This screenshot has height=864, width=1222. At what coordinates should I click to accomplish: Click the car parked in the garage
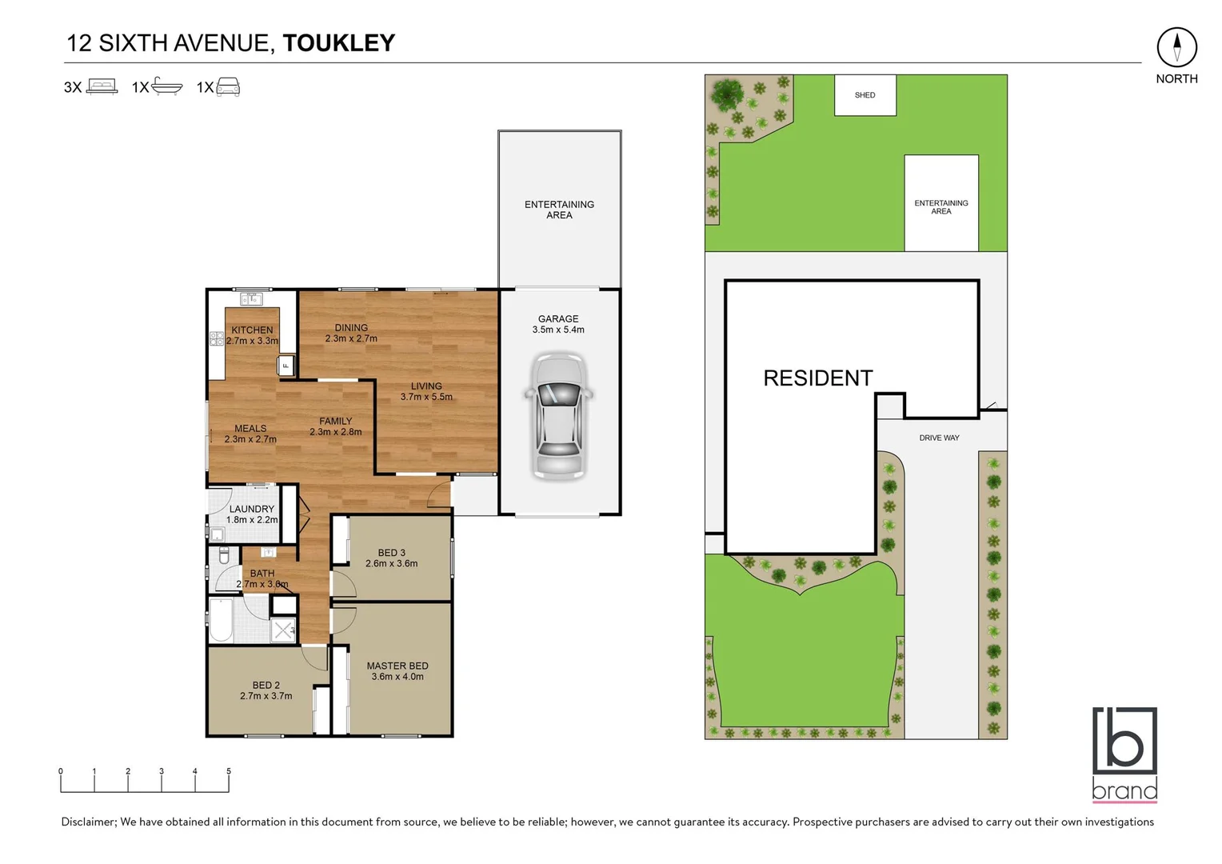[x=559, y=417]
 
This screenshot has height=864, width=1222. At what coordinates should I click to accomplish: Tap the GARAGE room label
[x=558, y=318]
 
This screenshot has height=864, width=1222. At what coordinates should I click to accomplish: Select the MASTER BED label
[x=397, y=666]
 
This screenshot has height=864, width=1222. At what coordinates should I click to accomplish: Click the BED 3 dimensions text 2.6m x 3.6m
[x=391, y=563]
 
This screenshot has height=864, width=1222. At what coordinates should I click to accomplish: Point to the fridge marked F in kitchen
[x=286, y=366]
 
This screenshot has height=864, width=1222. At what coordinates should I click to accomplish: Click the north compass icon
[x=1176, y=47]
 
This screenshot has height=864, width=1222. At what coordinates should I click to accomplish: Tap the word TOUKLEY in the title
[x=339, y=43]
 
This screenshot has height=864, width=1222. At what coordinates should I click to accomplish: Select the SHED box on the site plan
[x=865, y=95]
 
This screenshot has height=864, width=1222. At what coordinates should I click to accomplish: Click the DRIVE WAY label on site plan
[x=939, y=438]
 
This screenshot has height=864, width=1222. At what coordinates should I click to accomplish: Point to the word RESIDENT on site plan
[x=817, y=378]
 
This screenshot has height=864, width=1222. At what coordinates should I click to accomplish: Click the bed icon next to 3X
[x=102, y=86]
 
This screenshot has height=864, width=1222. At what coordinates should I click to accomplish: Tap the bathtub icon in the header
[x=167, y=86]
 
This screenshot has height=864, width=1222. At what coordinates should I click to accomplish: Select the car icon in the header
[x=228, y=86]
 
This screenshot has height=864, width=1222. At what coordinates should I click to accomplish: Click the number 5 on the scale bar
[x=229, y=771]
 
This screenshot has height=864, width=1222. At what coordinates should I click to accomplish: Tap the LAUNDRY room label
[x=252, y=509]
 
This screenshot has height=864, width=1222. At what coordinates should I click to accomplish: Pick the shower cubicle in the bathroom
[x=283, y=630]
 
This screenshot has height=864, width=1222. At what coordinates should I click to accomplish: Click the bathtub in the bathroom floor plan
[x=222, y=621]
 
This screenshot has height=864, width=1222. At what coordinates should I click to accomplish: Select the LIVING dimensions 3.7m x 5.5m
[x=426, y=397]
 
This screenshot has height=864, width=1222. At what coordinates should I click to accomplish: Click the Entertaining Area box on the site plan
[x=941, y=203]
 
